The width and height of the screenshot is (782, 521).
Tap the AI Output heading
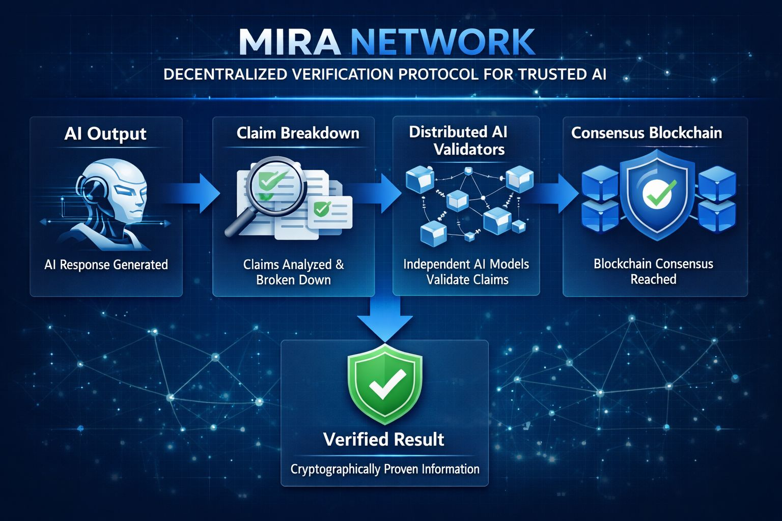click(105, 134)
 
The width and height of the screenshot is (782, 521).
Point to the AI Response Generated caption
click(106, 265)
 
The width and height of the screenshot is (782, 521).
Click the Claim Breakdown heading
click(298, 133)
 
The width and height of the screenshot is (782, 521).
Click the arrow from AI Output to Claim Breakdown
click(196, 193)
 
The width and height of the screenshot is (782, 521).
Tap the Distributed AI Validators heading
click(458, 140)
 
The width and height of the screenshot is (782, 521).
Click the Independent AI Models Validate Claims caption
click(466, 272)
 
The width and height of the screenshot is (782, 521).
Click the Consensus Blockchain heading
click(647, 133)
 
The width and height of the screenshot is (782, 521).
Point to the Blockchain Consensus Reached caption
click(653, 271)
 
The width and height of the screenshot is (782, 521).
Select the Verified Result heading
click(384, 439)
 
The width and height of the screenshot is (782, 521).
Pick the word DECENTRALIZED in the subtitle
click(225, 74)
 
